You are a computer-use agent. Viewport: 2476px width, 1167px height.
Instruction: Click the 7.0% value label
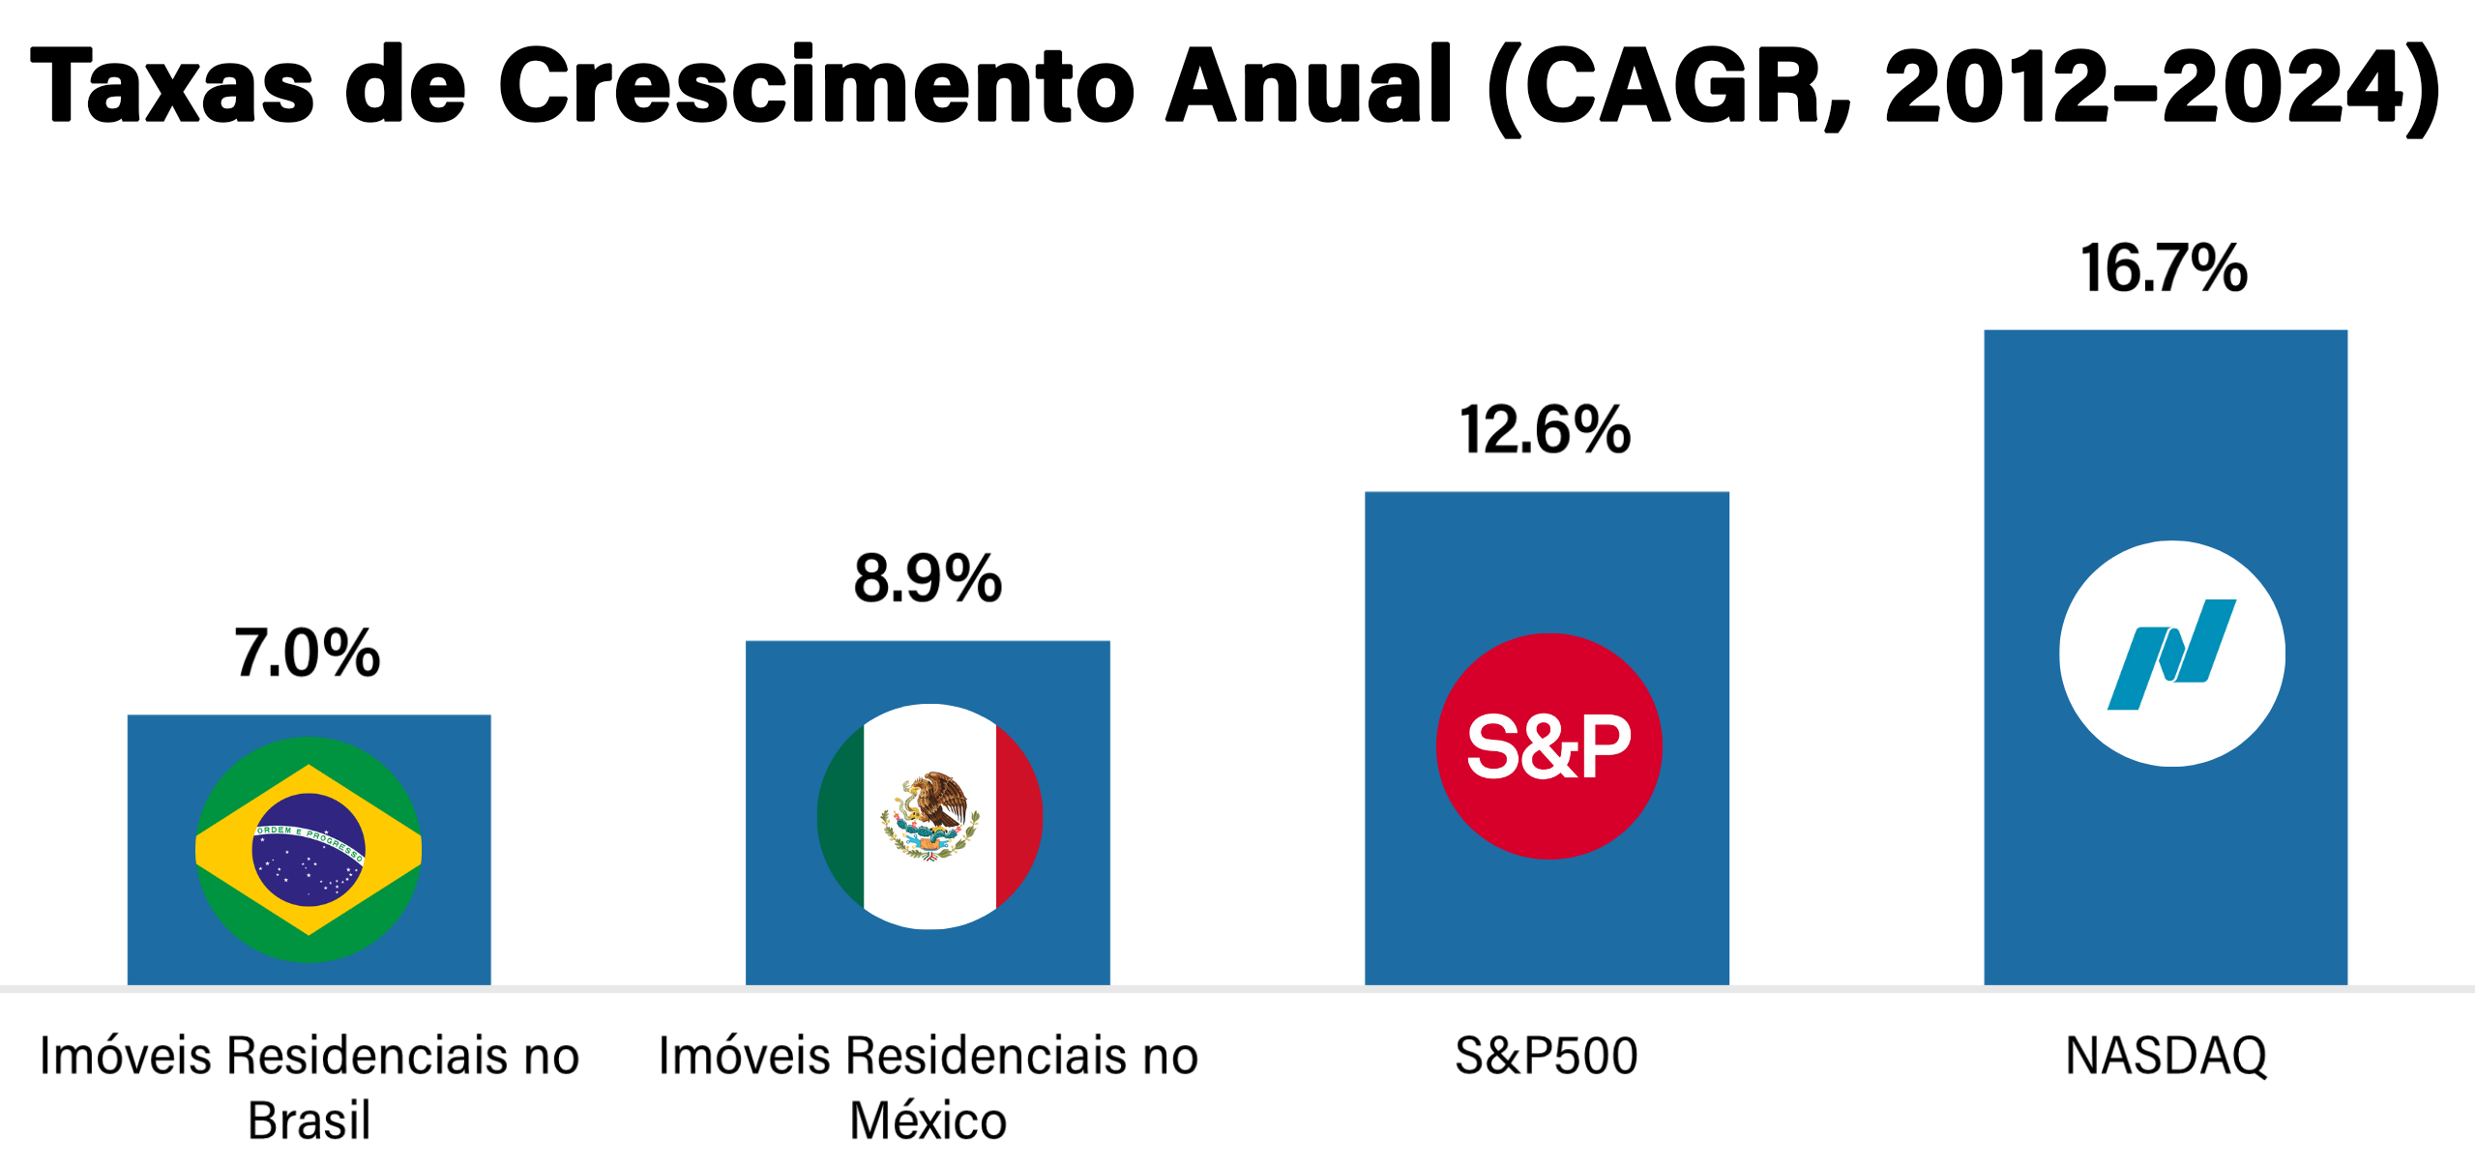pos(308,654)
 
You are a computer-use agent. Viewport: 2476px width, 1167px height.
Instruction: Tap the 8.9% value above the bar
pos(928,579)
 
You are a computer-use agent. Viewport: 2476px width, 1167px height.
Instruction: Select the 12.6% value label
pos(1546,430)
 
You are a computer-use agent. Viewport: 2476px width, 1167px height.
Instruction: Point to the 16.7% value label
pos(2165,269)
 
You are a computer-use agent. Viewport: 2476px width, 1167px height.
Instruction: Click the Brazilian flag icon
pos(309,850)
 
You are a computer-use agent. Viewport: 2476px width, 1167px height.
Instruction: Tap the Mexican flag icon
pos(929,817)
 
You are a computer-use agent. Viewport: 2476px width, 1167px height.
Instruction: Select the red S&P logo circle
pos(1548,746)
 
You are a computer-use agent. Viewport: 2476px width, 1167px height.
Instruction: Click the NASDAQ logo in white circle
pos(2171,654)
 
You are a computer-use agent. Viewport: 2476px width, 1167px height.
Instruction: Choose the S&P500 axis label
pos(1547,1056)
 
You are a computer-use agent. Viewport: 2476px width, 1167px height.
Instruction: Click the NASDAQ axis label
pos(2166,1056)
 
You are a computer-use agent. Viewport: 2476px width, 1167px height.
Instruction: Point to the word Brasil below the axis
pos(309,1122)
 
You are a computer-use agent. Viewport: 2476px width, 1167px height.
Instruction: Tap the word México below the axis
pos(928,1122)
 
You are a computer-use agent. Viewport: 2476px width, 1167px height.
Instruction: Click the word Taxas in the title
pos(172,85)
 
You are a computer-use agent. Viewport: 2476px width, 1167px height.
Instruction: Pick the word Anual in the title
pos(1309,85)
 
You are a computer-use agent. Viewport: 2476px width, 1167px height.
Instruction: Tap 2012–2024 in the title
pos(2142,87)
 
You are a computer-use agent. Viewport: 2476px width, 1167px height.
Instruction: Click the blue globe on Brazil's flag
pos(309,850)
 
